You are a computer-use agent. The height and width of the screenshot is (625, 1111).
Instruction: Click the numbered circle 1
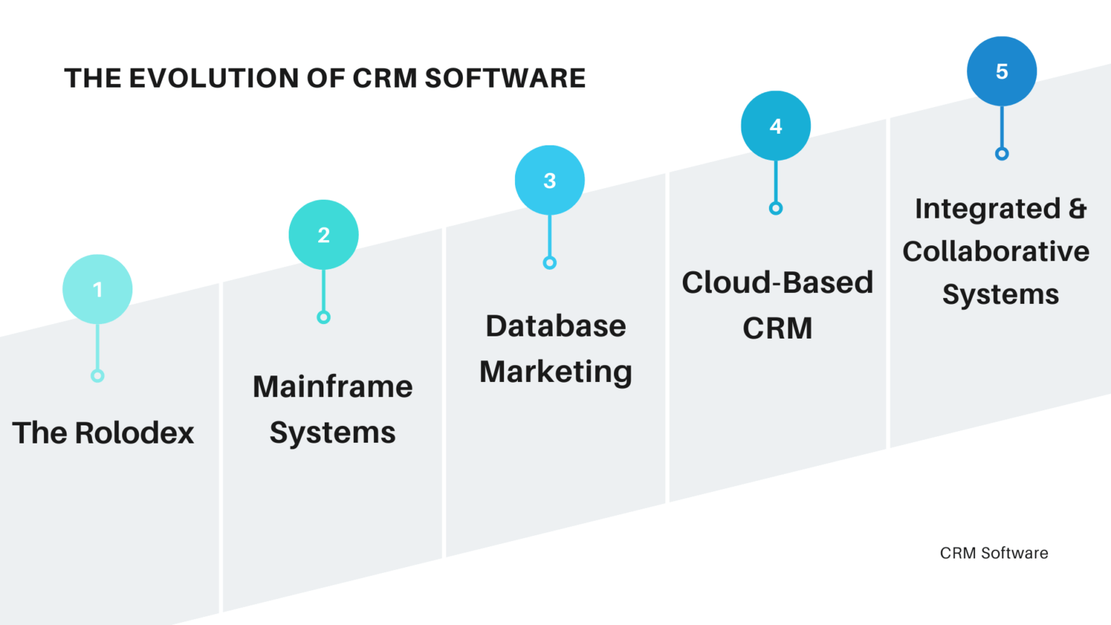98,289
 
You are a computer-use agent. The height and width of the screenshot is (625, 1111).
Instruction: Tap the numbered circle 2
323,235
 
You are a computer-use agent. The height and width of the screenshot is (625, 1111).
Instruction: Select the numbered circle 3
550,181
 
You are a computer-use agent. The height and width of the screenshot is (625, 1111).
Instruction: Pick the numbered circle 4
775,126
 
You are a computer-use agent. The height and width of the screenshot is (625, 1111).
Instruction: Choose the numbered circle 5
1002,72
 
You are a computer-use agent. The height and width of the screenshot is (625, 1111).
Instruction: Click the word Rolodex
135,433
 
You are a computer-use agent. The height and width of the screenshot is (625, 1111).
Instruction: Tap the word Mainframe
333,386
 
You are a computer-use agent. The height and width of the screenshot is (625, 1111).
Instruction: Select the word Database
555,326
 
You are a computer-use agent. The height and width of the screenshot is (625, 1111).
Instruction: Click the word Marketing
555,372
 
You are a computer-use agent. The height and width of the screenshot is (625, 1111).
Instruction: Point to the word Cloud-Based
778,282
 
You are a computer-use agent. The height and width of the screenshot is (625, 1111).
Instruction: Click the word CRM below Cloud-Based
778,328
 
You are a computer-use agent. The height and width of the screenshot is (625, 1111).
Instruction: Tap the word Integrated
987,208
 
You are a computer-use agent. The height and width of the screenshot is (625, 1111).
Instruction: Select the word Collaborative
996,252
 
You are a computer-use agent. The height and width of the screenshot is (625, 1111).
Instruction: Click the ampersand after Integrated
1078,208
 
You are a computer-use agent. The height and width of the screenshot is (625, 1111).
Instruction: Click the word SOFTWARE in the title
505,78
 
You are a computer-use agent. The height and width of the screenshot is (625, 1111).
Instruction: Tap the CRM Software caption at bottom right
994,553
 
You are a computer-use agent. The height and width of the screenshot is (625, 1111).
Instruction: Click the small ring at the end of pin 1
98,375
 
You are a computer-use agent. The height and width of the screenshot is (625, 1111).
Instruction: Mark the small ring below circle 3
550,263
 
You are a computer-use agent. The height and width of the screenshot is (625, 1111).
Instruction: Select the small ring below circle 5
1002,153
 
